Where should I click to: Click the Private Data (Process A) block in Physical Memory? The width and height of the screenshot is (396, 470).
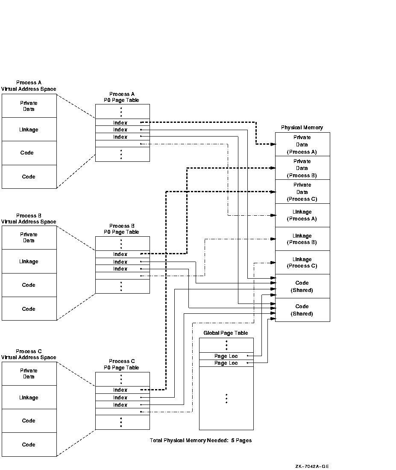click(302, 145)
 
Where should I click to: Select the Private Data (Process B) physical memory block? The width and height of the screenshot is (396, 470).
click(302, 168)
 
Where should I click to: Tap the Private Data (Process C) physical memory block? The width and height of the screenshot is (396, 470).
click(302, 192)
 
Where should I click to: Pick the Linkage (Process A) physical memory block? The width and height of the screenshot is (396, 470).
click(302, 215)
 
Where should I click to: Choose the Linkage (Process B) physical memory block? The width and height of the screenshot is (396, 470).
click(302, 239)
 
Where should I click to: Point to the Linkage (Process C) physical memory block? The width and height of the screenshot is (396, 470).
click(302, 262)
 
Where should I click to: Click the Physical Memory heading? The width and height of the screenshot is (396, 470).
click(302, 128)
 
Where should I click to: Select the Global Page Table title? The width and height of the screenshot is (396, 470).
click(226, 333)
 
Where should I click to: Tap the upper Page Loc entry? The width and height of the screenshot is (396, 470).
click(226, 356)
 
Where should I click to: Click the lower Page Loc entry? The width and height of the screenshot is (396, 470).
click(226, 363)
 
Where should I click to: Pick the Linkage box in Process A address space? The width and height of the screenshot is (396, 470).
click(29, 130)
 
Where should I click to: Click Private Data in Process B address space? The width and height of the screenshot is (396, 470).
click(29, 238)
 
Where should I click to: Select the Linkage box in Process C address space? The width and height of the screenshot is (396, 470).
click(29, 398)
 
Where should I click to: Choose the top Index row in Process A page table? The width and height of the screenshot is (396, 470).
click(120, 123)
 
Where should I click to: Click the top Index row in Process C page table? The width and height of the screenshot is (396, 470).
click(120, 390)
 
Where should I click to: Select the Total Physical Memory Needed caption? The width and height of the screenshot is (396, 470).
click(201, 440)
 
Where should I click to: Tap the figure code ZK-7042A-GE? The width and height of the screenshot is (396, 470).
click(312, 467)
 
